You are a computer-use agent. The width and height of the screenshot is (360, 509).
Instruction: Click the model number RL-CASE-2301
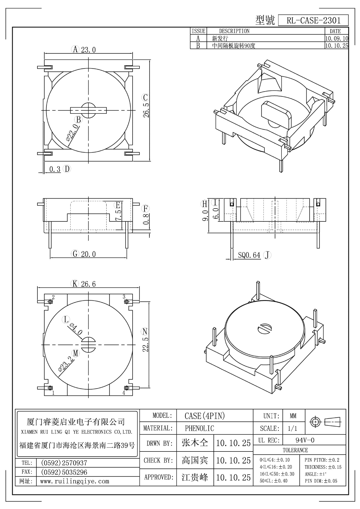(313, 20)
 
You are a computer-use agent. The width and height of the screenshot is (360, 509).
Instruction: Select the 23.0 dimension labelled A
(88, 50)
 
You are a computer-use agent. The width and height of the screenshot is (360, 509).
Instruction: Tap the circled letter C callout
(145, 98)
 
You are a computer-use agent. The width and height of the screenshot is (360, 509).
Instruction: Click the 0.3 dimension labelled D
(55, 169)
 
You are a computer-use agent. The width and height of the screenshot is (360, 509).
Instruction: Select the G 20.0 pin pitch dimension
(88, 254)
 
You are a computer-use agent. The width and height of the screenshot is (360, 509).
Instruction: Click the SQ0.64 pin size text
(249, 255)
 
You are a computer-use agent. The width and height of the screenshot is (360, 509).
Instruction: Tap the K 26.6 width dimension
(88, 284)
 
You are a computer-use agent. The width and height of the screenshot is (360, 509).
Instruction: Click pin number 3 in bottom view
(124, 297)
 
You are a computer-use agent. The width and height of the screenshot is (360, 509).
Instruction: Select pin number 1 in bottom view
(53, 393)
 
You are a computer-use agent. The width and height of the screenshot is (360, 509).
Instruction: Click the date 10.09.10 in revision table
(336, 38)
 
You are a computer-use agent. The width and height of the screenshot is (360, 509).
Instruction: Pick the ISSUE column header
(198, 31)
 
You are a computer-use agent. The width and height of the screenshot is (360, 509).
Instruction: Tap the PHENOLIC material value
(199, 428)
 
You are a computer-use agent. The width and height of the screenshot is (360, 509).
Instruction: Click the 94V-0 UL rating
(305, 440)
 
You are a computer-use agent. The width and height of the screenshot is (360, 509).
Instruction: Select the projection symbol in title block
(325, 421)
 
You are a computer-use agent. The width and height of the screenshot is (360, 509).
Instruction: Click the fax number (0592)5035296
(64, 472)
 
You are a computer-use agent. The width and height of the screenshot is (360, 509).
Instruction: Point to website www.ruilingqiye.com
(75, 481)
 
